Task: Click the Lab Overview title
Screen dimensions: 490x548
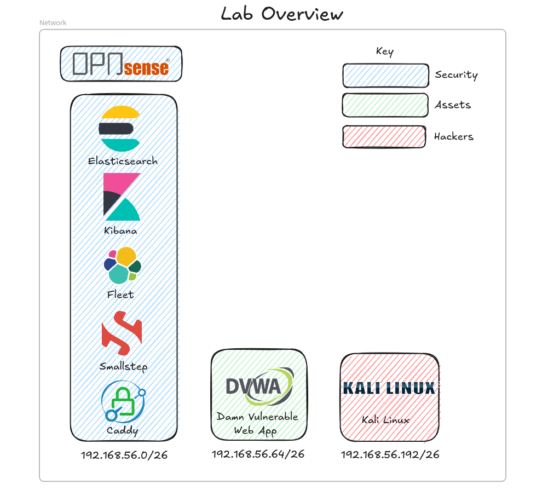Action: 282,13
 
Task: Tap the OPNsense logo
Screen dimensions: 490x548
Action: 121,64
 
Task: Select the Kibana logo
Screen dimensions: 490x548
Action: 122,197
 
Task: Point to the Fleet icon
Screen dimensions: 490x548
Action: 122,265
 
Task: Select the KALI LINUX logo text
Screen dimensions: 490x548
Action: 389,388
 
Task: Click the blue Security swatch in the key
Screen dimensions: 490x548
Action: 385,76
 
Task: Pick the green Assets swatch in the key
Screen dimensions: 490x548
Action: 385,105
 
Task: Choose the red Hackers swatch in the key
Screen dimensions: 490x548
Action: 384,137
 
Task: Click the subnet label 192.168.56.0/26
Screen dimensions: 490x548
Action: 124,456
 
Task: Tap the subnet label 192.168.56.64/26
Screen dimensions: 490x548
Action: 258,454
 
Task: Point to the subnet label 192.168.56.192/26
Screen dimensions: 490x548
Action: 390,454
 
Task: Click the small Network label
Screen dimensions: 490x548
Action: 53,23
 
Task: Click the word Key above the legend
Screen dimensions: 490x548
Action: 384,51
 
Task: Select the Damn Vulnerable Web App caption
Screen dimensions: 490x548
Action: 257,423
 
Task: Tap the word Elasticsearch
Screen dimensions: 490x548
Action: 123,162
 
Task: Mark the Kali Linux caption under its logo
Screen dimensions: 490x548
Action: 385,420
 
